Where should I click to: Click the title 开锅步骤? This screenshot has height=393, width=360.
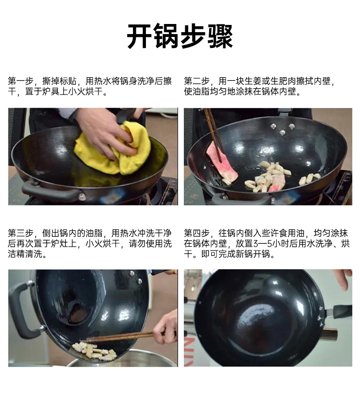(x=180, y=36)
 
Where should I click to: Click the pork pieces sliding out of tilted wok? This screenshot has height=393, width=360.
(x=95, y=351)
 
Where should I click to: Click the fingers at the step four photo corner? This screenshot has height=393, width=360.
(x=344, y=279)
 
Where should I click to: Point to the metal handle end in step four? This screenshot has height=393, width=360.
(x=330, y=334)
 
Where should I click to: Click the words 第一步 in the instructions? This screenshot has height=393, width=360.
(x=21, y=81)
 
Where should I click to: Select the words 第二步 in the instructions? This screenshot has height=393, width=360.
(x=196, y=81)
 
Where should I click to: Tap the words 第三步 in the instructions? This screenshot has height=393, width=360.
(x=21, y=233)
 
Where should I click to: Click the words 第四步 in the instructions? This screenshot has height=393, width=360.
(x=196, y=233)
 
